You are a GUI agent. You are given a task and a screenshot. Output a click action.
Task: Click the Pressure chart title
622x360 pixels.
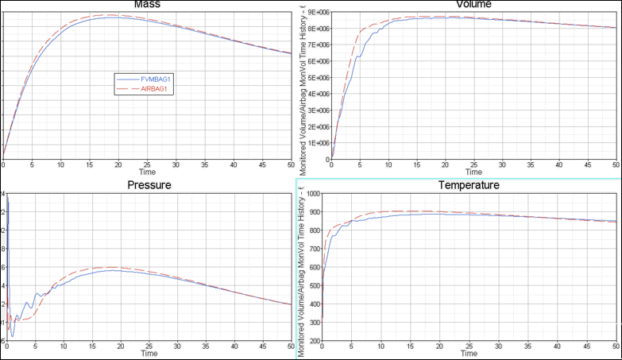pos(149,185)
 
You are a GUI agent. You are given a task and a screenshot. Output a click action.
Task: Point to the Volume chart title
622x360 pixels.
pos(473,4)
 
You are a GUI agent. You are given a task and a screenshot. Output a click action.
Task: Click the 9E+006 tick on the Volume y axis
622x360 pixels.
pos(319,12)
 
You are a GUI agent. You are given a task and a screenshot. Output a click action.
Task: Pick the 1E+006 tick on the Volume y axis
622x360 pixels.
pos(319,142)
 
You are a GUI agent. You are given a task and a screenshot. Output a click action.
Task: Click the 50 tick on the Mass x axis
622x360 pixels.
pos(289,165)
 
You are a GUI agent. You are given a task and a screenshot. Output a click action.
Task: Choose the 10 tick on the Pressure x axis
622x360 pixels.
pos(62,346)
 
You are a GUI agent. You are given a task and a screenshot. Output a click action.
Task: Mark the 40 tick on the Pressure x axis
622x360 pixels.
pos(233,346)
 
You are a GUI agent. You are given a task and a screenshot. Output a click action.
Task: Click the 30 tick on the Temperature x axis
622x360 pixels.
pos(501,346)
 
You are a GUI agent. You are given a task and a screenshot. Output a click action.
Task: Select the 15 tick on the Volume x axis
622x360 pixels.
pos(416,165)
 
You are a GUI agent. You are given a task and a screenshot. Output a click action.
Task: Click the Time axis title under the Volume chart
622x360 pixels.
pos(473,172)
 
